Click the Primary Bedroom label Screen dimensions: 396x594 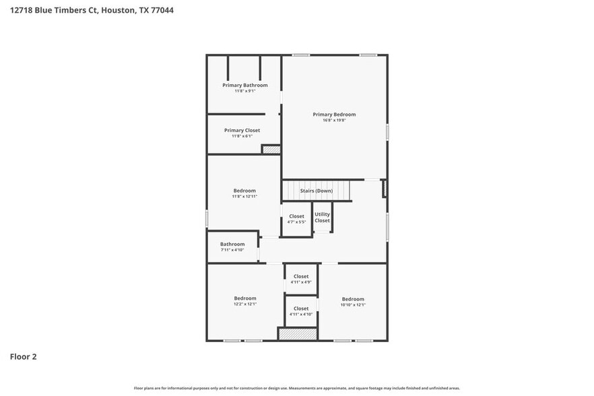pos(334,114)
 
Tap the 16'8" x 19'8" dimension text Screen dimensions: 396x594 pos(334,121)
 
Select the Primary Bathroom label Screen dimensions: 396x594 pos(245,86)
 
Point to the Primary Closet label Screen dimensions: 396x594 pos(242,130)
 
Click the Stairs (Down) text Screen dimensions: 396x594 pos(316,191)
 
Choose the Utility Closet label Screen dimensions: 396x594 pos(323,218)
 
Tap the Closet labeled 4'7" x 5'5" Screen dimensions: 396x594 pos(297,217)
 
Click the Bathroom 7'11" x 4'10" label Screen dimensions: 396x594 pos(232,244)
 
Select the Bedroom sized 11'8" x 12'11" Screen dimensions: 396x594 pos(244,191)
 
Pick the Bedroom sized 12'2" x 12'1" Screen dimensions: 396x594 pos(245,298)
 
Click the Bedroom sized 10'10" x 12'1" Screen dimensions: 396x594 pos(353,299)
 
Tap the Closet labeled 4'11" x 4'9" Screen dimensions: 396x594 pos(301,276)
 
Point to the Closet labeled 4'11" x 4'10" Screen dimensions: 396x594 pos(301,308)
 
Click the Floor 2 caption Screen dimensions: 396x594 pos(23,357)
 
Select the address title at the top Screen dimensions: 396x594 pos(87,11)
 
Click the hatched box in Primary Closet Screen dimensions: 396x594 pos(271,150)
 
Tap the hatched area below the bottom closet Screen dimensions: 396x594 pos(298,333)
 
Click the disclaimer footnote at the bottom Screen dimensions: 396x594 pos(296,389)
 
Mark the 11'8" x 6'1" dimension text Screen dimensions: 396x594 pos(242,136)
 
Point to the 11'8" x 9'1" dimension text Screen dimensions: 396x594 pos(245,91)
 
